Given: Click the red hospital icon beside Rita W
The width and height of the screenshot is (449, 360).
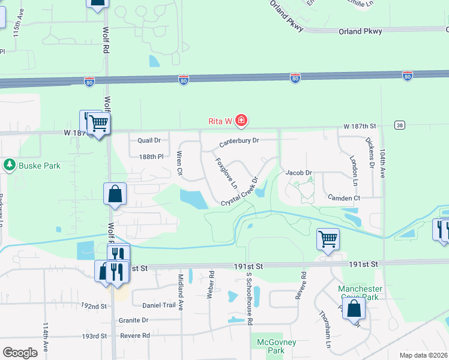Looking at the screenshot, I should click(x=241, y=121).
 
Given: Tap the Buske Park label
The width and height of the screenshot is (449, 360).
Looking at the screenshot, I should click(x=40, y=165).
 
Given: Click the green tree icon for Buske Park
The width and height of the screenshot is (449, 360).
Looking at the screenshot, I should click(x=10, y=164).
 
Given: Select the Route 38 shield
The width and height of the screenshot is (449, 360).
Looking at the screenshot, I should click(x=399, y=125).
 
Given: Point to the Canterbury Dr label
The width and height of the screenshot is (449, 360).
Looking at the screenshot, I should click(x=238, y=142).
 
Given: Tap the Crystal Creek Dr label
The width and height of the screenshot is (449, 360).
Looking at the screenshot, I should click(x=240, y=193).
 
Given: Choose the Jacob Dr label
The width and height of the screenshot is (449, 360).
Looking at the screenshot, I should click(x=299, y=173).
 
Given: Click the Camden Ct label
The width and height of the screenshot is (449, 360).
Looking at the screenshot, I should click(x=343, y=198).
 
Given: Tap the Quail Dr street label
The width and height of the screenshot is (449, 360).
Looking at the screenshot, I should click(x=149, y=140).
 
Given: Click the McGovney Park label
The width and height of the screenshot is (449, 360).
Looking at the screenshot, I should click(x=267, y=346).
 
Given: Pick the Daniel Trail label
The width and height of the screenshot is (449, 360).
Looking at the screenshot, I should click(x=159, y=305).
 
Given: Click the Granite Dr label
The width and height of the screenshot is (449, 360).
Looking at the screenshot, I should click(x=133, y=320).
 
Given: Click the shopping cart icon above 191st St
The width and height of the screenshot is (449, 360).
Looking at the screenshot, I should click(x=328, y=239).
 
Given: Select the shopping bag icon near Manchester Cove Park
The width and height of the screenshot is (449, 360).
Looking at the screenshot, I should click(x=355, y=308).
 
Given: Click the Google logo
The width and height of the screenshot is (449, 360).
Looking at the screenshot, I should click(x=20, y=353).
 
